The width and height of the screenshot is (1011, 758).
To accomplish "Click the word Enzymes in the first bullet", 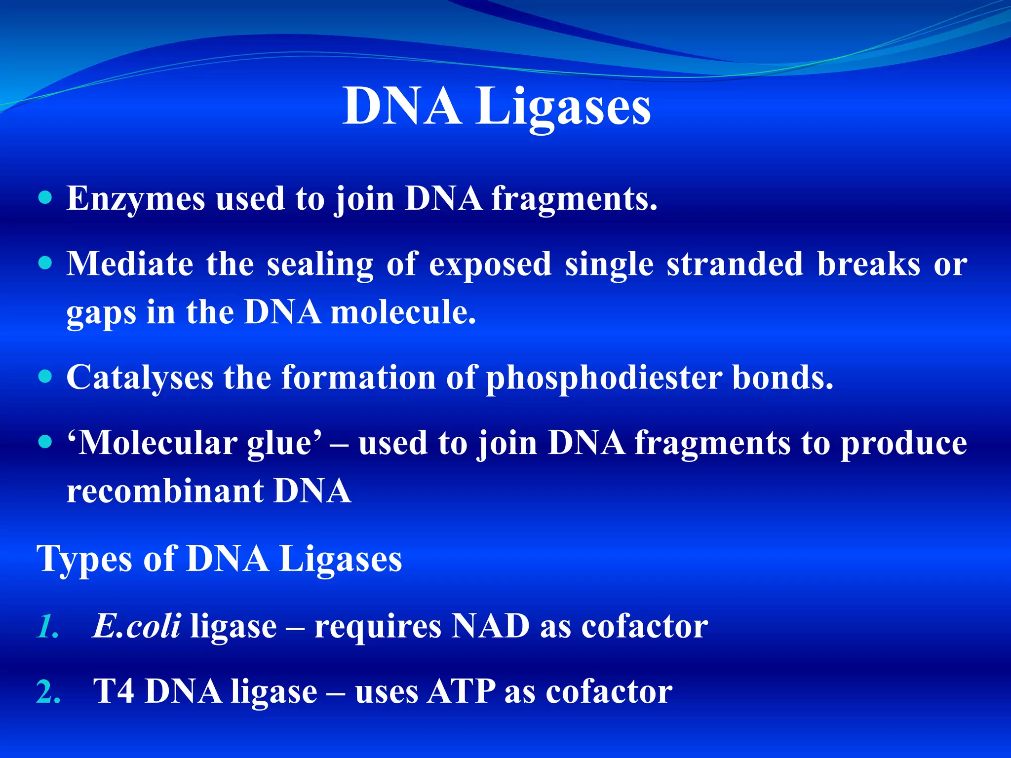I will (x=135, y=199).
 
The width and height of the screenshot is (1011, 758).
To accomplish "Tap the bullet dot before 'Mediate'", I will (x=45, y=263).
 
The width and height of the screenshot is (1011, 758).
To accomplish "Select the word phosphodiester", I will (x=604, y=378).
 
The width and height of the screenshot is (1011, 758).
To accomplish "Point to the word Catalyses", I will (x=140, y=378).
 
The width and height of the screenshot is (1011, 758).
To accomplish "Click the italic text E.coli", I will (x=136, y=626).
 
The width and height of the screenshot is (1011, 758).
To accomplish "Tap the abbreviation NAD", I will (x=491, y=626).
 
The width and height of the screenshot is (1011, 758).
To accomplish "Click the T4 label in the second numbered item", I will (x=114, y=691).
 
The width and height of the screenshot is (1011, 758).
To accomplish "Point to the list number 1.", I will (x=47, y=627).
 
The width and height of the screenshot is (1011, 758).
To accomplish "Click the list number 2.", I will (x=48, y=692).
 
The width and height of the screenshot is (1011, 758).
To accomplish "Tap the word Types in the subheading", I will (x=84, y=560).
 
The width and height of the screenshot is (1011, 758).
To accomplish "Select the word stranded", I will (x=735, y=264).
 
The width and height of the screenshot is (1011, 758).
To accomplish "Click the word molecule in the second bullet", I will (x=403, y=313).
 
